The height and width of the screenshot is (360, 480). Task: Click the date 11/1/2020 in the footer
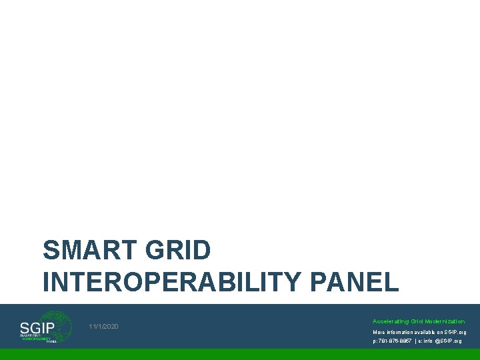coord(103,326)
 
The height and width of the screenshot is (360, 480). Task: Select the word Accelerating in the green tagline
coord(389,321)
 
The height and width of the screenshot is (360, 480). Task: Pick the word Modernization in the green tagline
coord(443,321)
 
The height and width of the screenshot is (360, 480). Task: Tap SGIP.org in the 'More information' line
coord(453,332)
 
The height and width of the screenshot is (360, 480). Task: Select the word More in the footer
coord(379,332)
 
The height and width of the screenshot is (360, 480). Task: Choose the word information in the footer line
coord(401,332)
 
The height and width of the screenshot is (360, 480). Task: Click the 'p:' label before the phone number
coord(375,341)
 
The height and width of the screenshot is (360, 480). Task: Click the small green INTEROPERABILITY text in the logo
coord(37,338)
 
